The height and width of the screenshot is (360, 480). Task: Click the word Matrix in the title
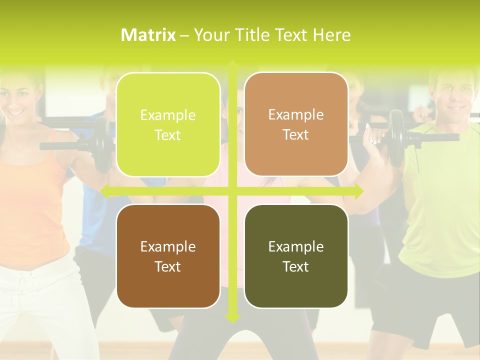click(x=148, y=35)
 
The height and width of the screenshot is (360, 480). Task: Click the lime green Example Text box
click(x=168, y=125)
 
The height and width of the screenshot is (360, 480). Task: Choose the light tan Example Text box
click(x=296, y=124)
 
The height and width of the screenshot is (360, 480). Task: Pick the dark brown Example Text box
click(x=168, y=256)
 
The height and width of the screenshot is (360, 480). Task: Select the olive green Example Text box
click(x=296, y=256)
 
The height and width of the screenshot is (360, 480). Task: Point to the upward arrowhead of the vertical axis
click(x=232, y=65)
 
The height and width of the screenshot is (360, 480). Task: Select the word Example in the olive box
click(x=296, y=246)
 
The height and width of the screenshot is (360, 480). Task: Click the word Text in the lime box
click(x=168, y=135)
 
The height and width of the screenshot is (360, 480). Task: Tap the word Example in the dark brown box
click(x=168, y=246)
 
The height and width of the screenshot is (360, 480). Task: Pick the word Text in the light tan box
click(x=296, y=134)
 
